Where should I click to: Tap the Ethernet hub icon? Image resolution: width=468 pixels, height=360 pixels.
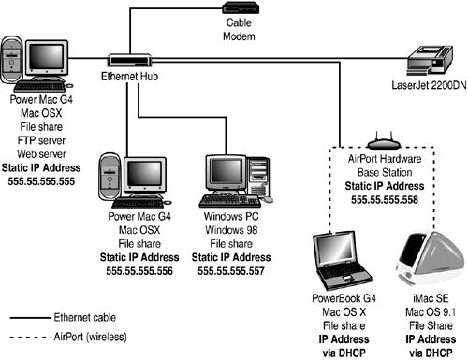pos(123,59)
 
